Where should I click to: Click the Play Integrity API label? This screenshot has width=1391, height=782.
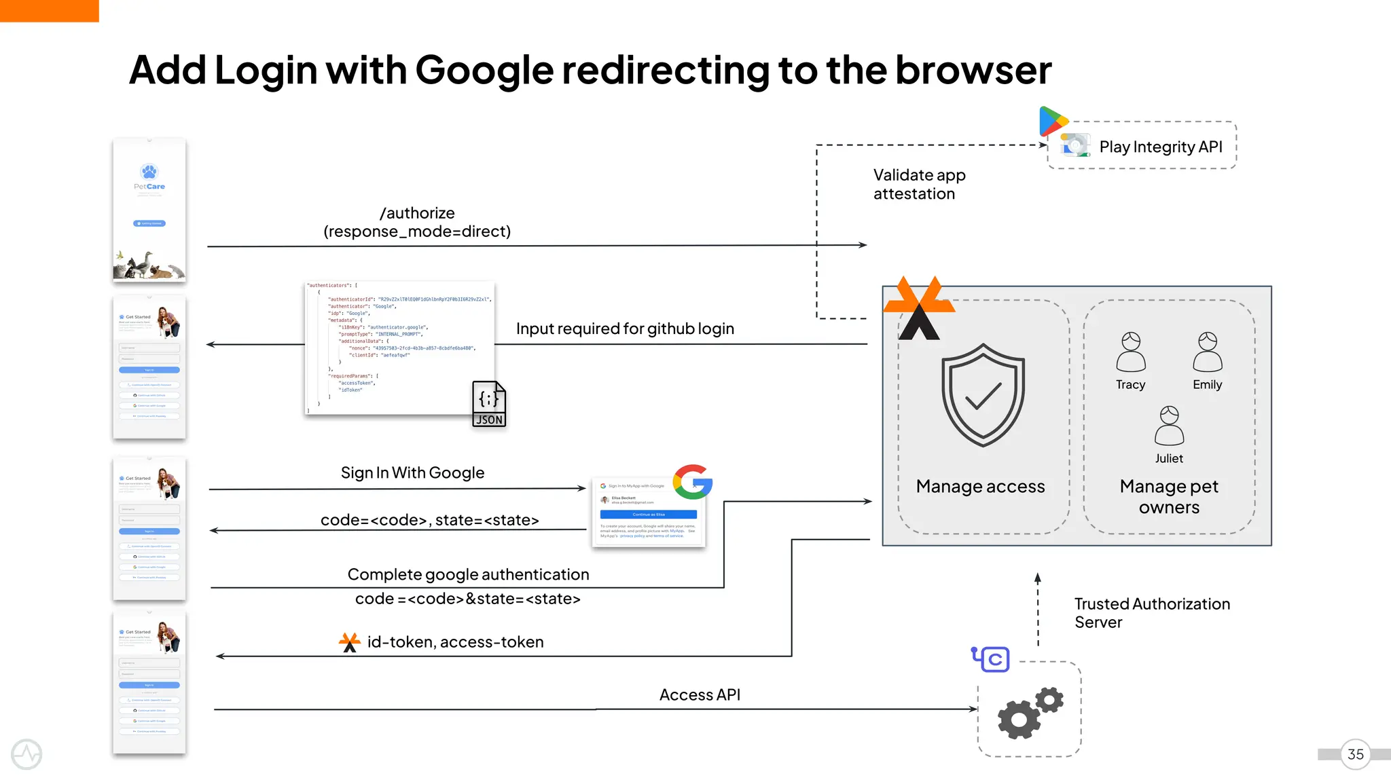(x=1160, y=147)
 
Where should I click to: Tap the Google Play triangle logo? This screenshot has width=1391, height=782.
(x=1052, y=122)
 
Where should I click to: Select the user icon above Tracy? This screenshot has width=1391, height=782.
(x=1131, y=351)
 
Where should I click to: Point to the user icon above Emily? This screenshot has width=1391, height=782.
(x=1208, y=351)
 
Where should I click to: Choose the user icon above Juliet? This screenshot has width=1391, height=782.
(x=1169, y=425)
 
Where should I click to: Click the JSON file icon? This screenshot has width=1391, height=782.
(x=489, y=404)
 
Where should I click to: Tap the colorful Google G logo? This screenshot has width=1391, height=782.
(x=692, y=482)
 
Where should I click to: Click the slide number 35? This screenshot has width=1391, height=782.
(x=1355, y=754)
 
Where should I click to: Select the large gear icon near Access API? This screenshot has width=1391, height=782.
(x=1018, y=718)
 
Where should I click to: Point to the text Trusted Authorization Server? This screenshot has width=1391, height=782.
(x=1151, y=612)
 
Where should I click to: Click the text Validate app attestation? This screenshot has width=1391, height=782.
(x=919, y=184)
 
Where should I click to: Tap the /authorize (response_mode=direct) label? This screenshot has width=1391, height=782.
(x=417, y=222)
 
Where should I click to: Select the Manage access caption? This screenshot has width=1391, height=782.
(x=980, y=486)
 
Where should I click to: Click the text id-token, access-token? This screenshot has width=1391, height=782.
(x=455, y=641)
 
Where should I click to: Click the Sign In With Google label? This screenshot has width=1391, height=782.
(x=412, y=472)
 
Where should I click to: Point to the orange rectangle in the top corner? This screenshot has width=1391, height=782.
(x=49, y=11)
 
